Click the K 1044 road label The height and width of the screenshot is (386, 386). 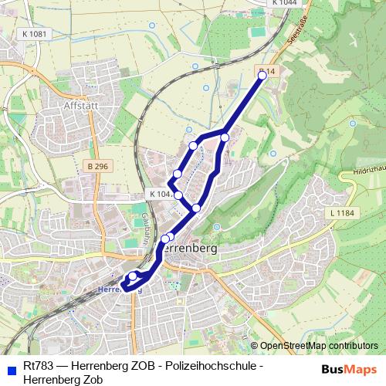(x=284, y=4)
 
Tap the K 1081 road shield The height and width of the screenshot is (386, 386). (x=35, y=34)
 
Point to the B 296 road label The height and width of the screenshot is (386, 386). (x=98, y=165)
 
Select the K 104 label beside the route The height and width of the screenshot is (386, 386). (x=160, y=195)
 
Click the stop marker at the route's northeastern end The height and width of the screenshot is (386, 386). (x=262, y=75)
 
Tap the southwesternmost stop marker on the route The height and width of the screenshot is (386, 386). (x=132, y=276)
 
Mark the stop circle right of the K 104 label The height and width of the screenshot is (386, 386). (x=178, y=195)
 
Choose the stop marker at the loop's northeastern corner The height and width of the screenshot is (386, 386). (x=225, y=137)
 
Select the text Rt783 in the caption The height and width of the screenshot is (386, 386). (x=38, y=365)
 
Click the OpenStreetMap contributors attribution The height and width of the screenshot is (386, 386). (x=320, y=346)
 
